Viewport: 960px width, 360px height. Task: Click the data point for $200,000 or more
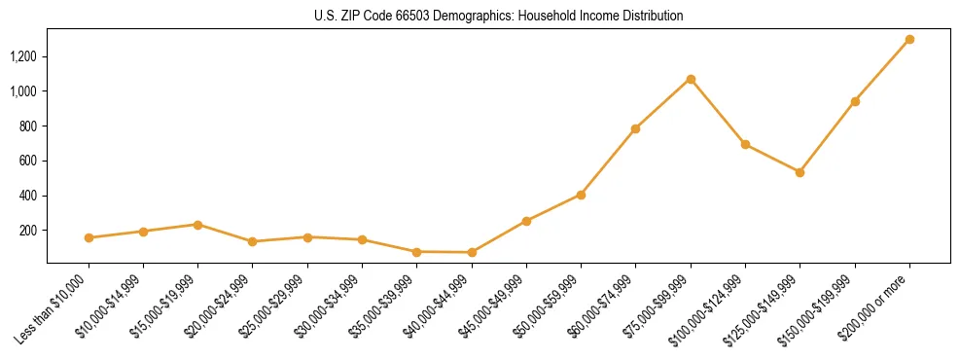pyautogui.click(x=909, y=40)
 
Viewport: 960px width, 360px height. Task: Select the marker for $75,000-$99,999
pyautogui.click(x=691, y=79)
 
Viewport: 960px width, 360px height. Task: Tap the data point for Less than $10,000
pyautogui.click(x=89, y=237)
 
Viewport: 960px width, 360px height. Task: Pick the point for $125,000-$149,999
pyautogui.click(x=800, y=172)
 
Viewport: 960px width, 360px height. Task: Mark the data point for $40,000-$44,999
pyautogui.click(x=472, y=252)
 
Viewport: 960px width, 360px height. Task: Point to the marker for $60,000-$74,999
pyautogui.click(x=635, y=128)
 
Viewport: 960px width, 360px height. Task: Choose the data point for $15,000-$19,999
pyautogui.click(x=197, y=225)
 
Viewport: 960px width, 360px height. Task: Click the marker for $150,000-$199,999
pyautogui.click(x=855, y=101)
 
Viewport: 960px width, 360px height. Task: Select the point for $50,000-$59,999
pyautogui.click(x=581, y=195)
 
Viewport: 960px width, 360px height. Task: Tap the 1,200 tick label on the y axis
pyautogui.click(x=22, y=56)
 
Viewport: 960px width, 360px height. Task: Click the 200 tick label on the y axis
pyautogui.click(x=27, y=231)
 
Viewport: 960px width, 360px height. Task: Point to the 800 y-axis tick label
pyautogui.click(x=27, y=126)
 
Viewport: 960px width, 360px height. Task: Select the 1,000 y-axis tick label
pyautogui.click(x=22, y=91)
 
